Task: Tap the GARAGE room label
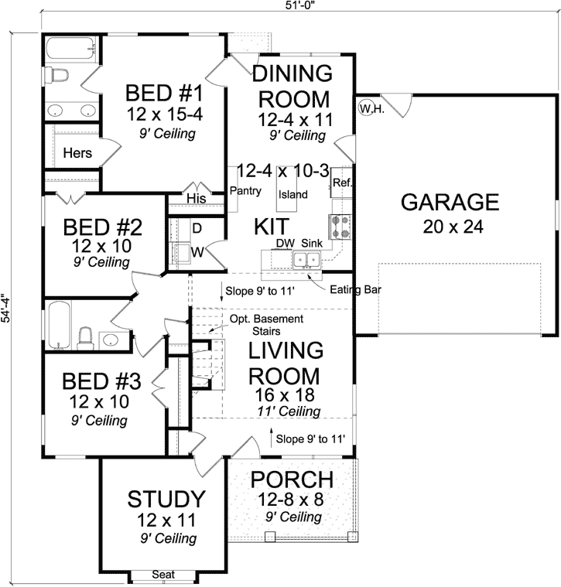(x=450, y=203)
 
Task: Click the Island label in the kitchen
(x=294, y=194)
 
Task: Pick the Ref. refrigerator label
(x=341, y=183)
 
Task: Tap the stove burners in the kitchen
(x=340, y=226)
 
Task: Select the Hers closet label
(x=77, y=153)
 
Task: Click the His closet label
(x=197, y=200)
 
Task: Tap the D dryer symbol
(x=197, y=228)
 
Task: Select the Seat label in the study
(x=162, y=575)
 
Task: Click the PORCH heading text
(x=292, y=479)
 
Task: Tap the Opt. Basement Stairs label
(x=265, y=324)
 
